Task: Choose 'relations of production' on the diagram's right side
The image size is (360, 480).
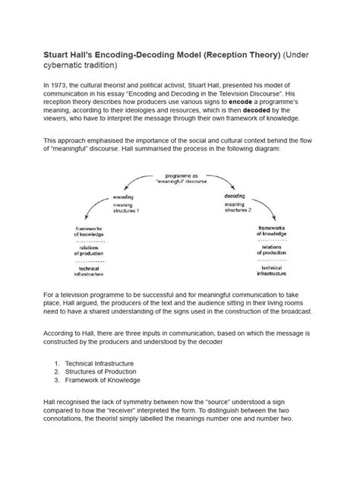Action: pyautogui.click(x=272, y=251)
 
